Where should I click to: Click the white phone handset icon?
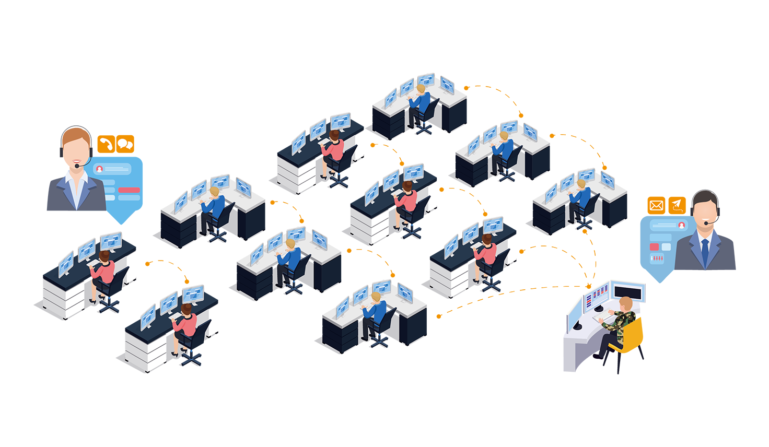(107, 144)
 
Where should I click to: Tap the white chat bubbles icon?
(125, 144)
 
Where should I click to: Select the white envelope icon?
(656, 205)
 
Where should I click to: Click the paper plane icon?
(677, 205)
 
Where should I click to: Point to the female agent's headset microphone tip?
(77, 166)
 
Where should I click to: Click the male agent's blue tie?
(705, 250)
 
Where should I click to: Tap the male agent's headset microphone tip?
(706, 223)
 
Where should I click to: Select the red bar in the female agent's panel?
(129, 190)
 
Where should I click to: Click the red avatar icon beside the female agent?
(99, 169)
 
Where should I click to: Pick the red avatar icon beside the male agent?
(681, 225)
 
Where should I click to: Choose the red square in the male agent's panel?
(654, 246)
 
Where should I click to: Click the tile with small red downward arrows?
(657, 258)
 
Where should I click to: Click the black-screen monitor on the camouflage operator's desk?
(627, 292)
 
